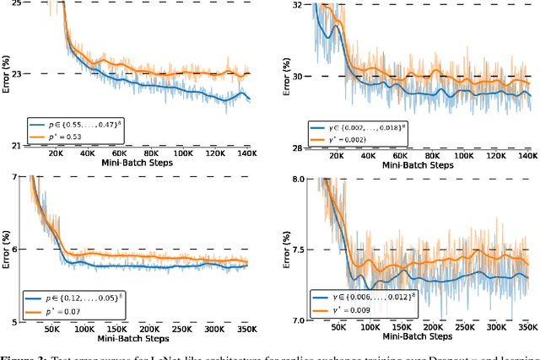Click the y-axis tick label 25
pyautogui.click(x=15, y=3)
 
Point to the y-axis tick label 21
pyautogui.click(x=15, y=146)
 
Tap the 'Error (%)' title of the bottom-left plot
pyautogui.click(x=7, y=249)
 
